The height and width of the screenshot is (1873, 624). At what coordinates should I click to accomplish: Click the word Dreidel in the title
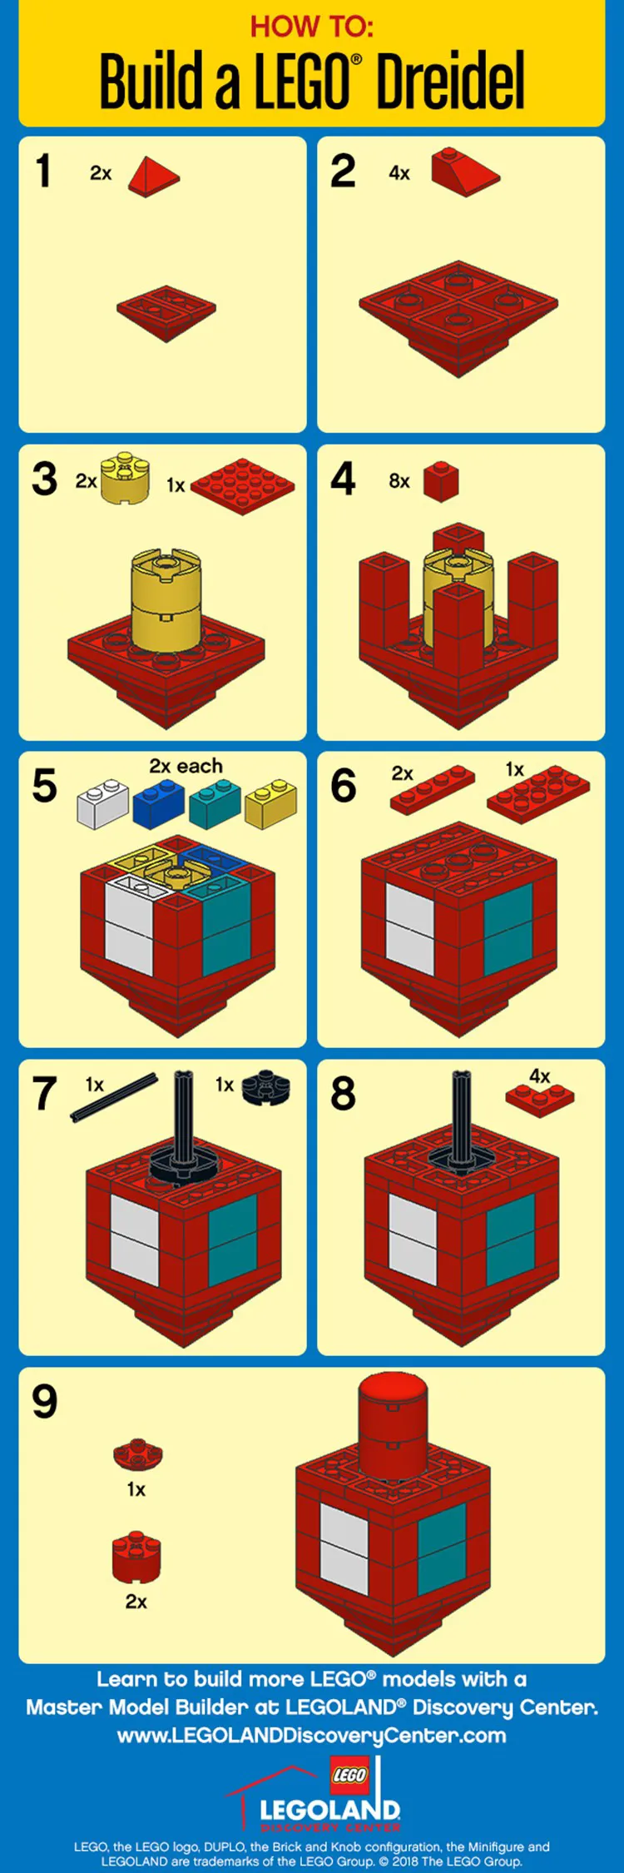point(450,82)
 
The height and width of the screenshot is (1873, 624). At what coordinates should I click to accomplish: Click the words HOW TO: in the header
point(312,27)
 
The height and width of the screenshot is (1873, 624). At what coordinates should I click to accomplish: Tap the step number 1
point(43,171)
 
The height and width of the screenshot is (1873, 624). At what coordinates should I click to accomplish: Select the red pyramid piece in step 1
point(153,176)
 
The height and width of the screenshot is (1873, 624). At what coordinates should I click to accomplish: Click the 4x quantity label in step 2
point(399,173)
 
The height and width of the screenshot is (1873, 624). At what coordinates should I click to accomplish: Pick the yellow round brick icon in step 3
point(125,478)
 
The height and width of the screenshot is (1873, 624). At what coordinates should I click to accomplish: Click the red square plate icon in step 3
point(242,484)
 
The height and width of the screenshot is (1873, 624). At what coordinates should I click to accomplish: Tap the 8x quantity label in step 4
point(399,481)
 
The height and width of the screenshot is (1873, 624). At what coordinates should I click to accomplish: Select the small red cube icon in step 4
point(441,481)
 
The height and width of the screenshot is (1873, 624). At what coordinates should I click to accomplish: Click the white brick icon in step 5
point(102,804)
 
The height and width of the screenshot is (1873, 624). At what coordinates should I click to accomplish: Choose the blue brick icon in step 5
point(158,804)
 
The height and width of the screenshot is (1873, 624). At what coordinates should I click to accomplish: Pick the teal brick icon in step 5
point(215,804)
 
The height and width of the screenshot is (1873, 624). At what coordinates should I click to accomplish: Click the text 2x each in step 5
point(186,766)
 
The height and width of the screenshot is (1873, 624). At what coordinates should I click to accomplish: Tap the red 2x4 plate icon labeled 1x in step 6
point(538,794)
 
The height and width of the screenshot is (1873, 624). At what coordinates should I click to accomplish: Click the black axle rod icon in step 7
point(114,1097)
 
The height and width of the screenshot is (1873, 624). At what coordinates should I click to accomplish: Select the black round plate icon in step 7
point(266,1087)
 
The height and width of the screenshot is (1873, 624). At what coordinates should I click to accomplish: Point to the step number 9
point(45,1402)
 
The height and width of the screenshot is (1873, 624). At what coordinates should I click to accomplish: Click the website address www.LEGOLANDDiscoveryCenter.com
point(312,1736)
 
